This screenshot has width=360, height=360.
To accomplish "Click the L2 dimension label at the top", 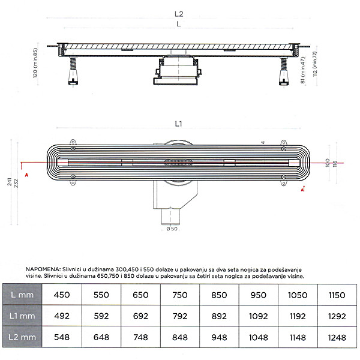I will [x=179, y=13].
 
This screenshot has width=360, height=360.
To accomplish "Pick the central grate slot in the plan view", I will [x=178, y=162].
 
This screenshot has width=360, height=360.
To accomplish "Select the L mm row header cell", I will [x=25, y=295].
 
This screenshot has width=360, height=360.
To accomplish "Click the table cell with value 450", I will [x=62, y=295].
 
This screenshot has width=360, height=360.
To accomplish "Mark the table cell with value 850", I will [x=220, y=295].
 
